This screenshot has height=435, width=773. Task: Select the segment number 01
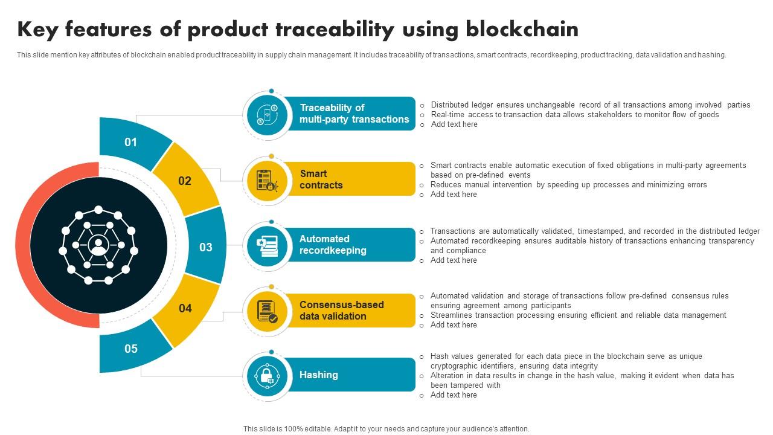(131, 143)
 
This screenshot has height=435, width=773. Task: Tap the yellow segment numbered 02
(185, 181)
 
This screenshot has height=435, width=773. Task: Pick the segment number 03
(206, 247)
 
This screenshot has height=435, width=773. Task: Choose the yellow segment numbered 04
(185, 309)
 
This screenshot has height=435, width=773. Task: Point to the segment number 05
(131, 349)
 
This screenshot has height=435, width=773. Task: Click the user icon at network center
(98, 245)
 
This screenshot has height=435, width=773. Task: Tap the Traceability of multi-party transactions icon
(266, 114)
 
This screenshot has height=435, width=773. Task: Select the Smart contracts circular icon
(266, 179)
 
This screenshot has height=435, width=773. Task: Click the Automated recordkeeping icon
(266, 245)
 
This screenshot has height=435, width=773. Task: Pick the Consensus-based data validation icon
(266, 311)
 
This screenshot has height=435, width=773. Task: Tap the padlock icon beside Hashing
(266, 376)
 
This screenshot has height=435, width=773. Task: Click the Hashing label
(318, 375)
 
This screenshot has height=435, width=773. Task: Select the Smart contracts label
(321, 179)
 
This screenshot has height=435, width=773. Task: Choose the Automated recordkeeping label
(333, 245)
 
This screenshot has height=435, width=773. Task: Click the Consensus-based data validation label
(341, 311)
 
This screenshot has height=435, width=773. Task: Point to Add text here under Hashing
(453, 395)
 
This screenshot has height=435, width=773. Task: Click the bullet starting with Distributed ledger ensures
(590, 105)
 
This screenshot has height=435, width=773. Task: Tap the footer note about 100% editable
(386, 429)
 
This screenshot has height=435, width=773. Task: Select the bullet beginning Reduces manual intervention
(568, 185)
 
